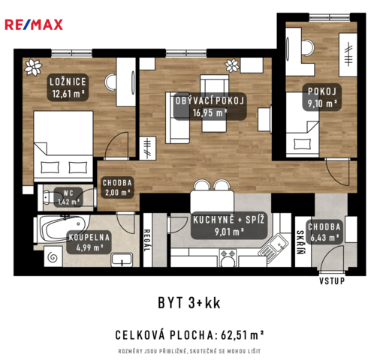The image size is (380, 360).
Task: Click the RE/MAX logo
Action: pos(34,25)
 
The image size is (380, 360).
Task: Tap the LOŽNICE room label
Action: pos(68,82)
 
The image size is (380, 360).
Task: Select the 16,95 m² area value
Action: pos(210,112)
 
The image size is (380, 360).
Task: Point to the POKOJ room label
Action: pos(322,91)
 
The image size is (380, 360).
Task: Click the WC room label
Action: pos(68,193)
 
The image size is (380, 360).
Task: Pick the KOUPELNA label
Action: pos(89,237)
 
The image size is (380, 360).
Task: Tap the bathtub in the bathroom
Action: pos(62,229)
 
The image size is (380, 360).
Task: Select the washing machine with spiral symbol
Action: pos(53,256)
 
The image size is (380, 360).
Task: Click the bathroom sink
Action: pos(122,259)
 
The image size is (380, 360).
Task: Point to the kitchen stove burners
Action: pos(228,253)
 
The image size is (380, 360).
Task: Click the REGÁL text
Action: pos(147,241)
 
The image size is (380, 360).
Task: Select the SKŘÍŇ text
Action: pos(300,242)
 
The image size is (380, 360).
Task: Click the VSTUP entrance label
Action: pos(332,281)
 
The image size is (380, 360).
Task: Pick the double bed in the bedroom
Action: pos(63,145)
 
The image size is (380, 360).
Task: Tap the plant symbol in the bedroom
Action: pos(33,67)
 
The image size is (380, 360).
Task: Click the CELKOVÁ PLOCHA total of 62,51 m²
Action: pos(189,335)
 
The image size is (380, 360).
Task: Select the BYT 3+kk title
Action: pos(189,303)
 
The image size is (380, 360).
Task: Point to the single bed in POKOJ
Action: pos(303,124)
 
